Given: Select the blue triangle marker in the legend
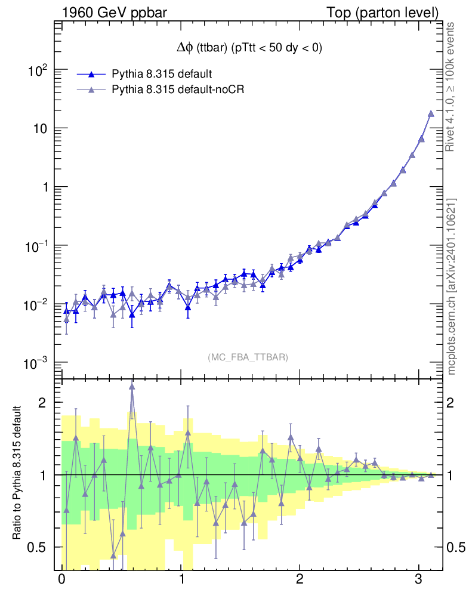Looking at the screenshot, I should point(91,75).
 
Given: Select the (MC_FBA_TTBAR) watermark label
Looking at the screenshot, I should point(248,357).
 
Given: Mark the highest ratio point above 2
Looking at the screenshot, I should point(132,386).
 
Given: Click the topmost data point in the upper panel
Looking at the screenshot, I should point(431,113).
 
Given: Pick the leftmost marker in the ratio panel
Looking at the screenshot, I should point(66,510).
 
